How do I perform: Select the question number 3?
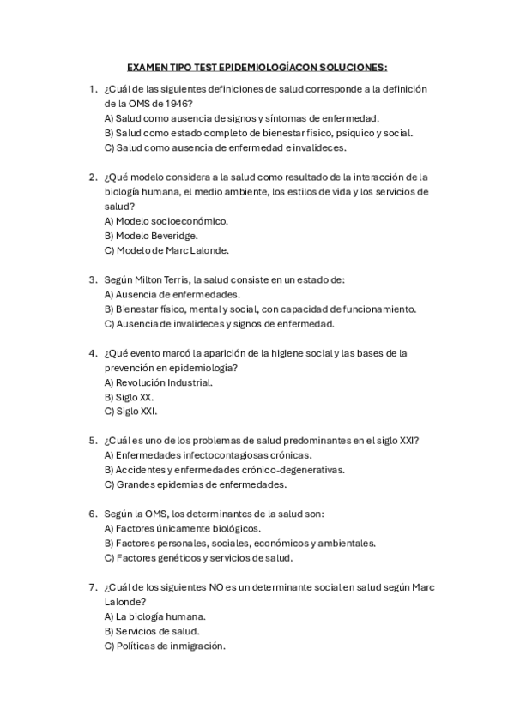coord(93,279)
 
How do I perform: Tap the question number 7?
coord(93,587)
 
